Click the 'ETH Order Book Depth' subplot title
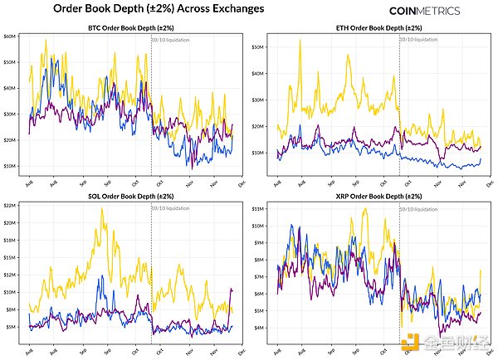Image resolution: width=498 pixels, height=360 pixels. pos(377,28)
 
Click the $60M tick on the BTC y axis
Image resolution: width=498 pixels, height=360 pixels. pos(12,36)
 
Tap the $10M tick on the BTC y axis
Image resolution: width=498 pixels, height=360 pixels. pos(12,166)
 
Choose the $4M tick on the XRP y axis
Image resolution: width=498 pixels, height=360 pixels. pos(260,328)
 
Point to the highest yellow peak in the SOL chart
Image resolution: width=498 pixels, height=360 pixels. pos(101,208)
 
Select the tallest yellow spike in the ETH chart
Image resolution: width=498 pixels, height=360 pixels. pos(300,41)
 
